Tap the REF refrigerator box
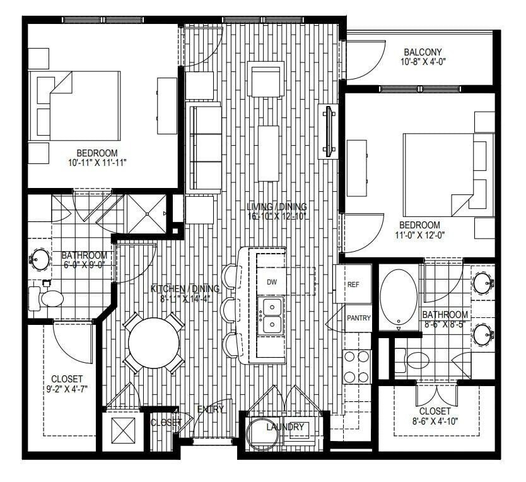click(x=354, y=285)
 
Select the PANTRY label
click(x=359, y=318)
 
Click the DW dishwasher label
click(x=272, y=282)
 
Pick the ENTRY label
click(x=211, y=409)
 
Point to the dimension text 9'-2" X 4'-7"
click(x=67, y=389)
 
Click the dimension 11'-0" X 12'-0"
click(x=419, y=235)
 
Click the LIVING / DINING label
click(x=278, y=207)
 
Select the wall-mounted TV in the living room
click(x=329, y=131)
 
